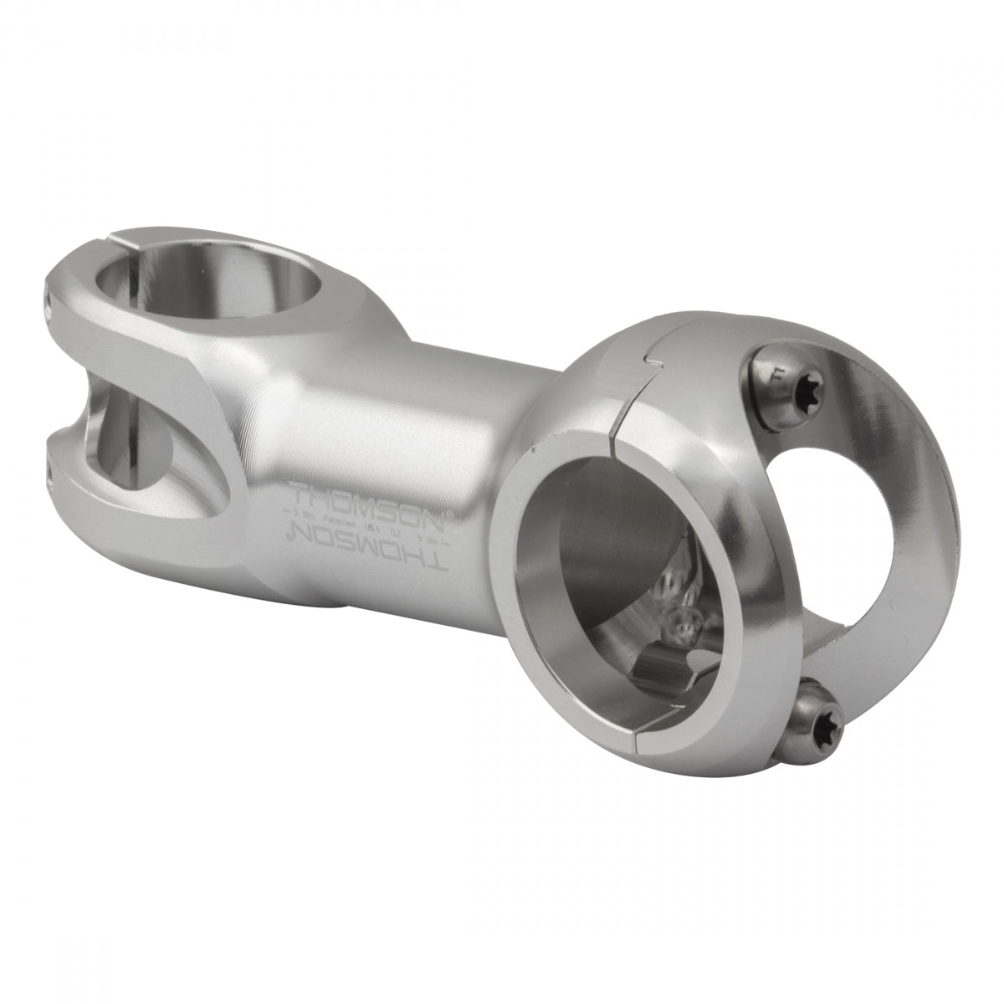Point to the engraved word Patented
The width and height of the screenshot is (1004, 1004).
pyautogui.click(x=351, y=518)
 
